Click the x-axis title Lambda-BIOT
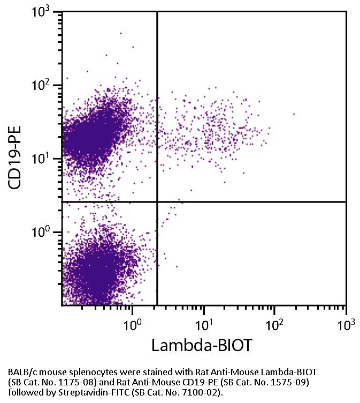(x=201, y=345)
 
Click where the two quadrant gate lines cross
(x=157, y=202)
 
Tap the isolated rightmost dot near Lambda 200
(x=294, y=114)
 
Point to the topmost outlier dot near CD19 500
(x=120, y=33)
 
